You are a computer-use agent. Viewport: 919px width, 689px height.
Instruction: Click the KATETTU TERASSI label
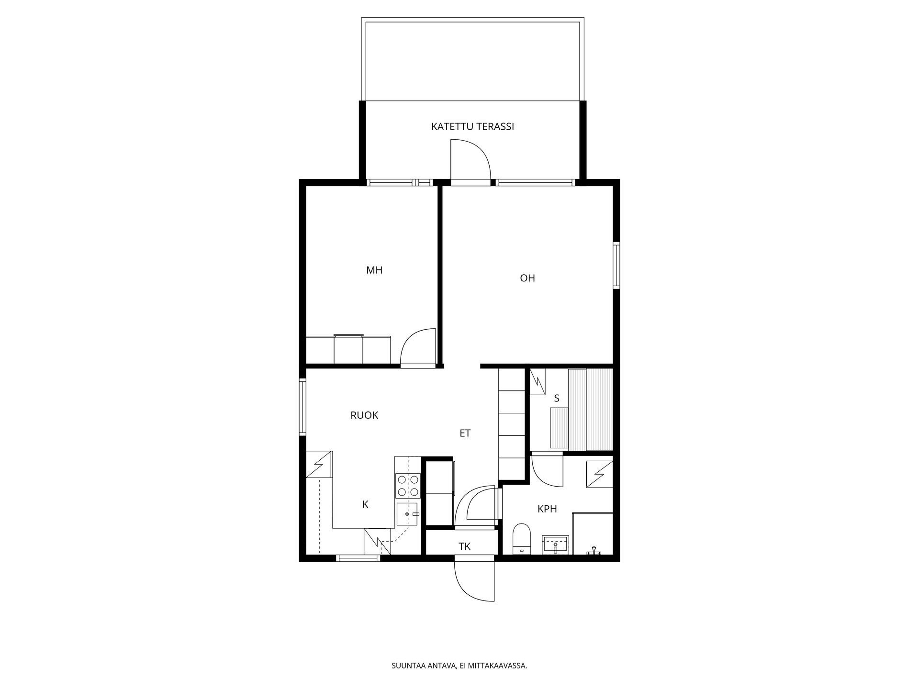click(472, 127)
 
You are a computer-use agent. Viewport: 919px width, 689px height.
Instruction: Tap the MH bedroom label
click(374, 270)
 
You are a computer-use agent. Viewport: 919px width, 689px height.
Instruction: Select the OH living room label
click(527, 278)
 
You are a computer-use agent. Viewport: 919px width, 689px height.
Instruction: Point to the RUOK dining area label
click(364, 415)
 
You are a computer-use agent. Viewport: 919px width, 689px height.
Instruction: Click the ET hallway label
click(465, 433)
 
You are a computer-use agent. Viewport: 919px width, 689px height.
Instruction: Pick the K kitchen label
click(365, 504)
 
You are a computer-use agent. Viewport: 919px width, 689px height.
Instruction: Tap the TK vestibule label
click(464, 546)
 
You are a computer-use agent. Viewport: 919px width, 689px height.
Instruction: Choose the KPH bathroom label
click(547, 509)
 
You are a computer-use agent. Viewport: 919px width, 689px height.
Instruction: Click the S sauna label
click(557, 398)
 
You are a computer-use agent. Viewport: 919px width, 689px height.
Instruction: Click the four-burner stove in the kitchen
click(408, 486)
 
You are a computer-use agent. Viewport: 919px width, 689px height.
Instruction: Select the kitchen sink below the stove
click(407, 514)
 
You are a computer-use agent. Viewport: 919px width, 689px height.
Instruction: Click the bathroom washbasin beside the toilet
click(555, 545)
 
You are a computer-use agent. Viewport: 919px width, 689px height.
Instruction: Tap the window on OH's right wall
click(616, 266)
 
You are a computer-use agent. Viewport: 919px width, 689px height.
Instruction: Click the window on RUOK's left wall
click(303, 407)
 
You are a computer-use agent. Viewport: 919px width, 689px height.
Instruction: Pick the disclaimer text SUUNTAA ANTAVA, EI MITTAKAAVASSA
click(459, 666)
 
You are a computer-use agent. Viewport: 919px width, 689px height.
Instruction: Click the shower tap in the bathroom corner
click(594, 551)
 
